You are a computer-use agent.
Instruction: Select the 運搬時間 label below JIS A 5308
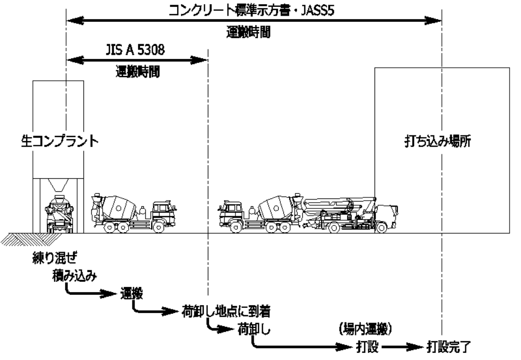137,73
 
